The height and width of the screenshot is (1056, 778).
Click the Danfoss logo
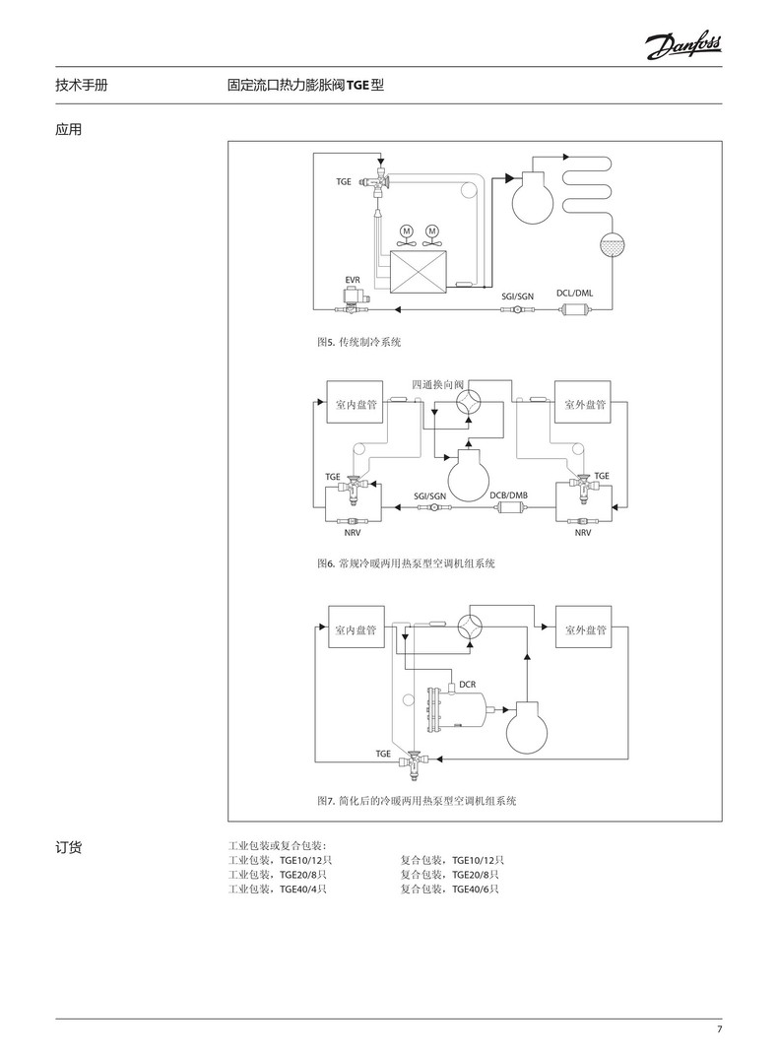coord(683,44)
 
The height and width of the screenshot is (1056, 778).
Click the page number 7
coord(719,1029)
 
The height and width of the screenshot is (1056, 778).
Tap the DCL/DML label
coord(575,294)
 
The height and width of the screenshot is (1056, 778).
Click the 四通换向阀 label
coord(438,383)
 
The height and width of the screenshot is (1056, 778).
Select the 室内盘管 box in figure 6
coord(356,404)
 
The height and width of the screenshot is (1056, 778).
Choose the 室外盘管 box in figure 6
coord(584,404)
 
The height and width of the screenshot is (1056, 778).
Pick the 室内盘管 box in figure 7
coord(356,629)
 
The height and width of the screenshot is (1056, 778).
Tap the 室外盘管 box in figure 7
coord(584,629)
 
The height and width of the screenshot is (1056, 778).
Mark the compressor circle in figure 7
coord(531,728)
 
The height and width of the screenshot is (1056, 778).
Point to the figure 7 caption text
coord(417,801)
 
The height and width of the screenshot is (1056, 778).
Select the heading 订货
coord(69,846)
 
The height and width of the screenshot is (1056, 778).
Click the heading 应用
coord(69,128)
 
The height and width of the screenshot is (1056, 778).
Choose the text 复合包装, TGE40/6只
coord(449,889)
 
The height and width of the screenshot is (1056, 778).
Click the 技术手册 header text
coord(82,86)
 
